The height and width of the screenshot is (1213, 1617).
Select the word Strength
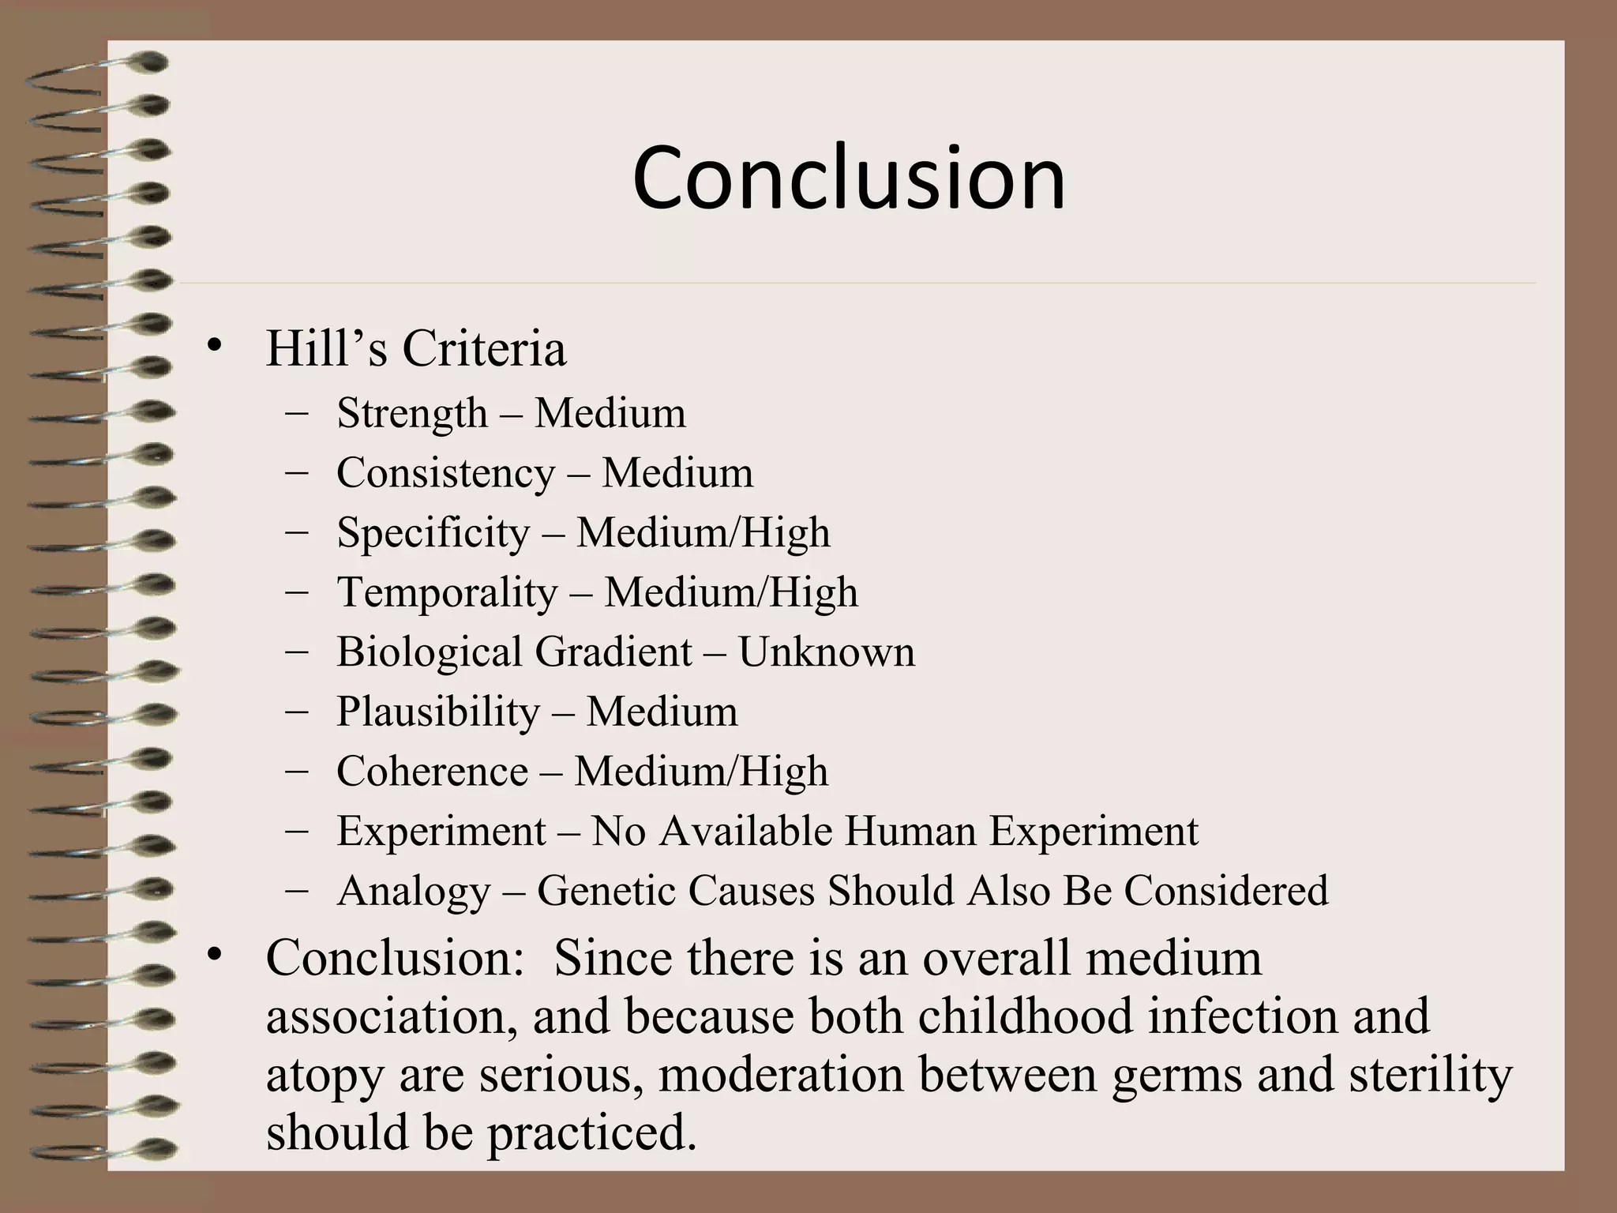tap(412, 414)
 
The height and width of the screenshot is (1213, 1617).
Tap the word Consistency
tap(446, 474)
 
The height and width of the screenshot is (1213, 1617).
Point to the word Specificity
tap(433, 533)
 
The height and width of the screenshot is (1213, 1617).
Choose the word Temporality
tap(447, 592)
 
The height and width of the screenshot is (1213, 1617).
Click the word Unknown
tap(827, 652)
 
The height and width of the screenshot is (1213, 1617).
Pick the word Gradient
tap(613, 652)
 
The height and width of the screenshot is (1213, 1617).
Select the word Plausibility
tap(438, 712)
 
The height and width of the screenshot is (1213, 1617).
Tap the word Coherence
tap(432, 772)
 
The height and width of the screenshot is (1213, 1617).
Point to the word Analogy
tap(414, 892)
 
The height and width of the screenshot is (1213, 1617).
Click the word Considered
tap(1226, 891)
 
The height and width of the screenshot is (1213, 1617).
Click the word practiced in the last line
tap(591, 1134)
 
